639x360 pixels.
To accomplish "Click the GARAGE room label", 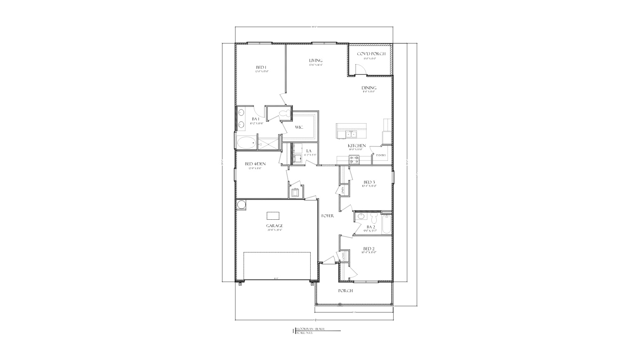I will click(275, 226).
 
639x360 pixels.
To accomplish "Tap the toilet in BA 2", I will click(374, 218).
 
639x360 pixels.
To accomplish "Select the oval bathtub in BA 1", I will click(246, 143).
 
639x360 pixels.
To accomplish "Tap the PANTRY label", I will click(381, 156).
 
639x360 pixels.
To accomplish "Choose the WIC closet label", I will click(299, 127).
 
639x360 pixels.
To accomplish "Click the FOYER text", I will click(328, 216).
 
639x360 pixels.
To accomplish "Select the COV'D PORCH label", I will click(371, 54).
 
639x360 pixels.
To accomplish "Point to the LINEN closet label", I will click(343, 190).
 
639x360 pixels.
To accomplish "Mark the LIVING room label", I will click(316, 60).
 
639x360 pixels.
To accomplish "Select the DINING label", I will click(369, 88).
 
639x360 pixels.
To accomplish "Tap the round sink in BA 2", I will click(360, 216).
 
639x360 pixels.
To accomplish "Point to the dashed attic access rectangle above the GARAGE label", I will click(273, 216).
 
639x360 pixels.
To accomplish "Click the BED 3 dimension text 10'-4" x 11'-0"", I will click(369, 186).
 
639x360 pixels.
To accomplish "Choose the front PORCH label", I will click(345, 290).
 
